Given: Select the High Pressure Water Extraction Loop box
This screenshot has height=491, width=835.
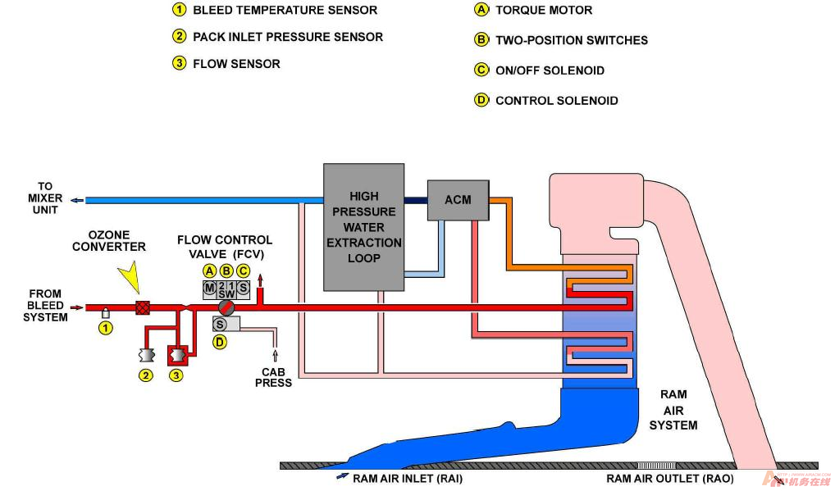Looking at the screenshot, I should click(363, 227).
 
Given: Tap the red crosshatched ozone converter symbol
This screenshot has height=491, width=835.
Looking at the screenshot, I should click(142, 308).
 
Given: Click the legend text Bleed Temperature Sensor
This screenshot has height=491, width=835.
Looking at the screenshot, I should click(285, 11).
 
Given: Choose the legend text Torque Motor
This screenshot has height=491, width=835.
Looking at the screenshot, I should click(543, 11).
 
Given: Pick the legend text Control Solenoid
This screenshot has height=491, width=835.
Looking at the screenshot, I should click(556, 101).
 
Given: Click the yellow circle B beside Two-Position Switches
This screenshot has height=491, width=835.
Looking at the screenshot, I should click(481, 39).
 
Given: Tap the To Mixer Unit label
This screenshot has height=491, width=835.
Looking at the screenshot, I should click(45, 198).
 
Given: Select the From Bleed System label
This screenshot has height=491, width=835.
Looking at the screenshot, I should click(45, 305).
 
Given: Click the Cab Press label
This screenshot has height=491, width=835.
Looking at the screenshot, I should click(273, 377).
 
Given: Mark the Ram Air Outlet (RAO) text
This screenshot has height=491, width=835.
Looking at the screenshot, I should click(669, 479).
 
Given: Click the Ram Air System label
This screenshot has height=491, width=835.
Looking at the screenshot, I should click(673, 410).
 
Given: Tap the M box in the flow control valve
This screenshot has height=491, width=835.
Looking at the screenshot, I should click(209, 288).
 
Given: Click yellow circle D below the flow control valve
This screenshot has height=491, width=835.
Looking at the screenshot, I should click(220, 343).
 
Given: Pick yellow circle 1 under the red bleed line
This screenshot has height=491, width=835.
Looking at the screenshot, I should click(104, 328).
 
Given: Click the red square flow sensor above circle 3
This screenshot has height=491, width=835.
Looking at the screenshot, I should click(176, 355).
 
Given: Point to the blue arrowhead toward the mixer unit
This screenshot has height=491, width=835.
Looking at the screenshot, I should click(75, 200).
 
